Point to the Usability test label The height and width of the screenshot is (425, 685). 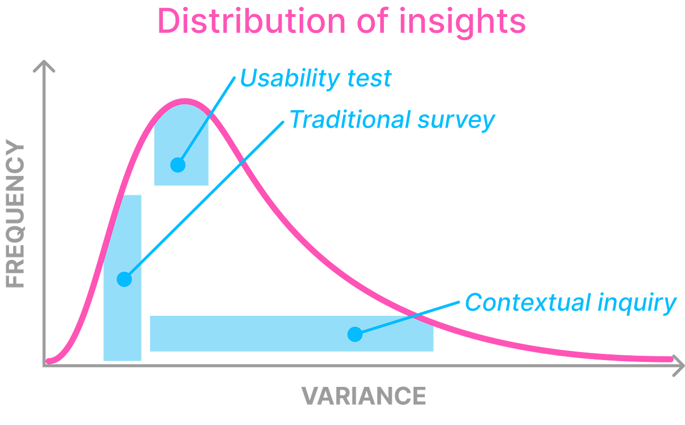tap(315, 78)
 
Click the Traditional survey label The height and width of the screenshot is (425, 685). tap(392, 120)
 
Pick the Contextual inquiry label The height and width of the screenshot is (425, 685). tap(570, 302)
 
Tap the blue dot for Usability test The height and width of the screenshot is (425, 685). tap(178, 165)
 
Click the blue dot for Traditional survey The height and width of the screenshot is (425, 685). tap(124, 279)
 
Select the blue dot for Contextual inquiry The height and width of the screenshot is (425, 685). tap(355, 334)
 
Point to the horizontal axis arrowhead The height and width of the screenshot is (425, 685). tap(678, 366)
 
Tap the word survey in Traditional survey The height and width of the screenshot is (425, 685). tap(456, 120)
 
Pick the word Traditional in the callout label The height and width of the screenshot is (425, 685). tap(350, 120)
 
